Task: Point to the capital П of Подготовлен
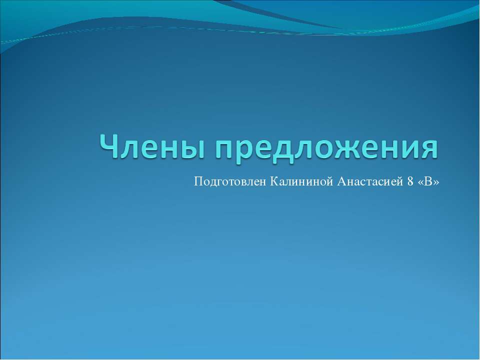tap(197, 180)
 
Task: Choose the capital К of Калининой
tap(273, 180)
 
